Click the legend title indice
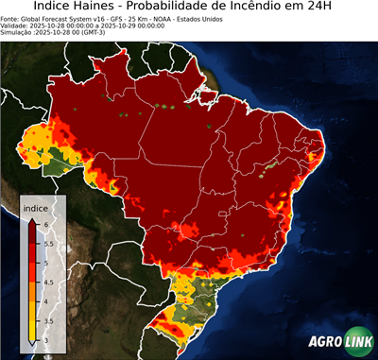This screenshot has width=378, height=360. tap(36, 206)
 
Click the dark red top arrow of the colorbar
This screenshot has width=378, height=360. tap(31, 219)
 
